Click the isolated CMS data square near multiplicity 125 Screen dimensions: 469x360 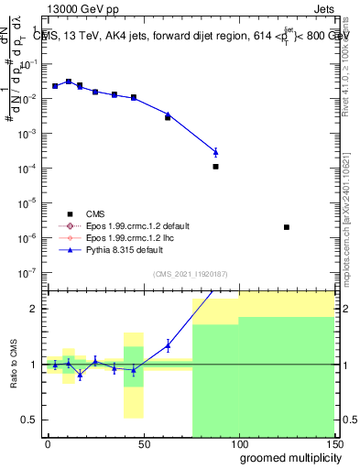click(287, 227)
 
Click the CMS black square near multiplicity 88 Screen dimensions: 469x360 click(215, 167)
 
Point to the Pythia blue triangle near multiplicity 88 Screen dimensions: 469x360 click(215, 152)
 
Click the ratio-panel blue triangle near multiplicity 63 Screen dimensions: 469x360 click(168, 345)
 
